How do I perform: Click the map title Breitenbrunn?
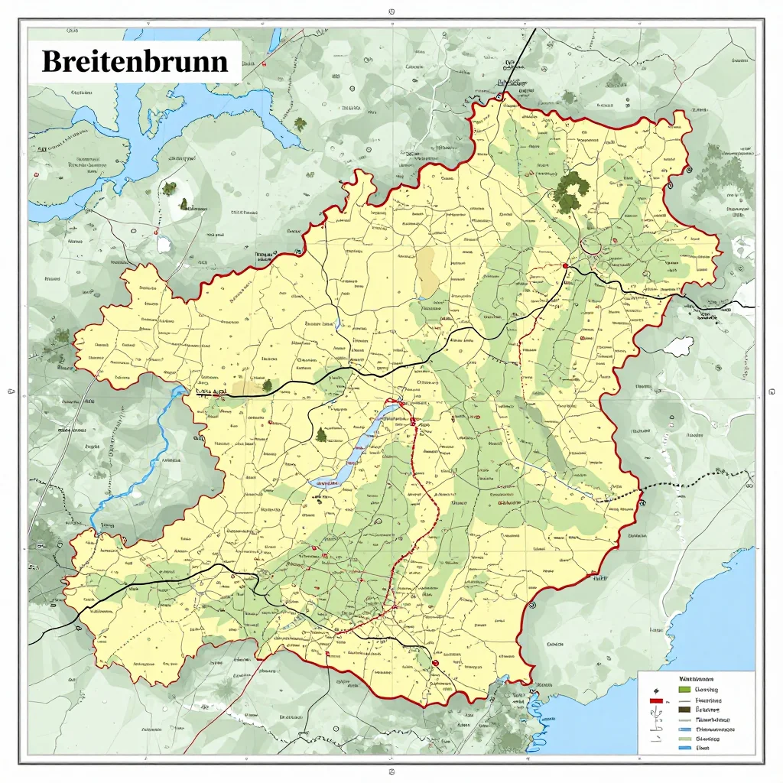(135, 61)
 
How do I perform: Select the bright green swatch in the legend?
(684, 690)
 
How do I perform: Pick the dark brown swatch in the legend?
(684, 710)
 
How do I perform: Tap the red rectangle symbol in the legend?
(655, 700)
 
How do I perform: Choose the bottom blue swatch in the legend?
(684, 749)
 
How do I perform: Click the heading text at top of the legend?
(696, 678)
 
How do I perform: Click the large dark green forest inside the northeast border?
(570, 191)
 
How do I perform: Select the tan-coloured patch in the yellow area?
(427, 271)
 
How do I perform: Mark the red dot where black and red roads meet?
(565, 265)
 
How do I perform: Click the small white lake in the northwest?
(164, 244)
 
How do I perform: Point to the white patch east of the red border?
(677, 346)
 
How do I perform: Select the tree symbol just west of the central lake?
(320, 435)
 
